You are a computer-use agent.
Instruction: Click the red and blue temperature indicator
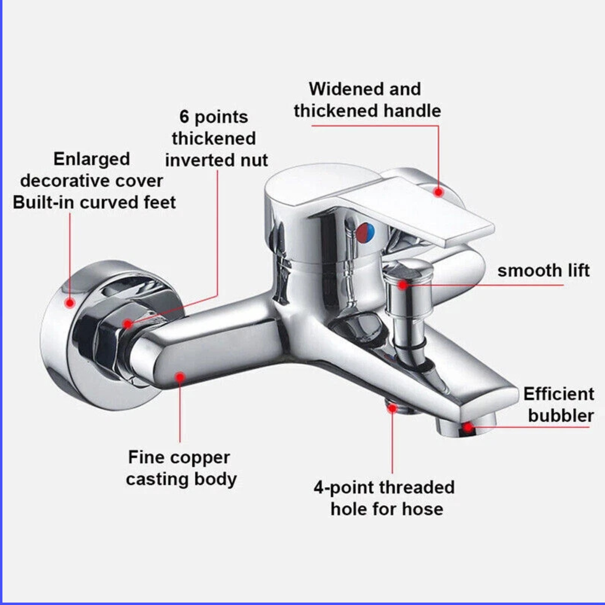[365, 233]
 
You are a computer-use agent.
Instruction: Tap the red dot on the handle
[438, 192]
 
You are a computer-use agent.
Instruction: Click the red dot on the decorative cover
[70, 303]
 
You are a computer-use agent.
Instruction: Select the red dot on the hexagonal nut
[127, 324]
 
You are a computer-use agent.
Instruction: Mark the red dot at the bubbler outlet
[468, 427]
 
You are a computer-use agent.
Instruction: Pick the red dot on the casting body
[180, 377]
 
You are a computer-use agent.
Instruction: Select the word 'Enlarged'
[91, 159]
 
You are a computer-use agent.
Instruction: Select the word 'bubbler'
[561, 416]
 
